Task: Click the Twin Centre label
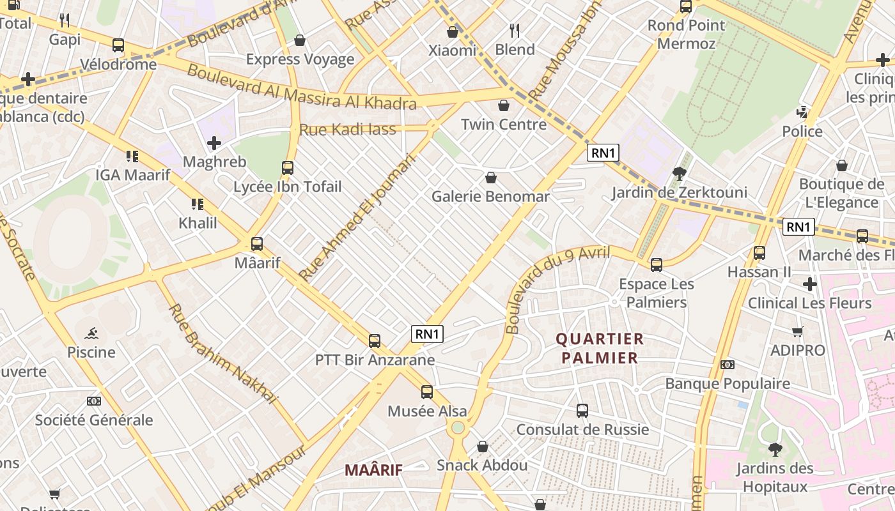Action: [504, 125]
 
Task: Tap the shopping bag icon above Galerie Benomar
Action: [491, 178]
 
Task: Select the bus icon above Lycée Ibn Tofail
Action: [288, 168]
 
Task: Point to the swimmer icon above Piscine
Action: [91, 333]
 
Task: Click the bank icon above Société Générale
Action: [94, 401]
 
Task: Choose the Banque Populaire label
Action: [728, 384]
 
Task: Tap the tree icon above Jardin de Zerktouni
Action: [679, 173]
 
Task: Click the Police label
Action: [802, 132]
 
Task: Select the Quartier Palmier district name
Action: [600, 348]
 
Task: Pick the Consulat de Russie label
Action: [582, 429]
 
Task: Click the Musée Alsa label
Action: [427, 411]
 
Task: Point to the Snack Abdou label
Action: [482, 465]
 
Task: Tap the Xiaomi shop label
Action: [453, 50]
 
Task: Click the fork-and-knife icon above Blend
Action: [515, 30]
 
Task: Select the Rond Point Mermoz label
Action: [686, 34]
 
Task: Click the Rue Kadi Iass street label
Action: [348, 130]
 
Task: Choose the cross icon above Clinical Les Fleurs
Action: [810, 284]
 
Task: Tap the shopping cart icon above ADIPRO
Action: [797, 332]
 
